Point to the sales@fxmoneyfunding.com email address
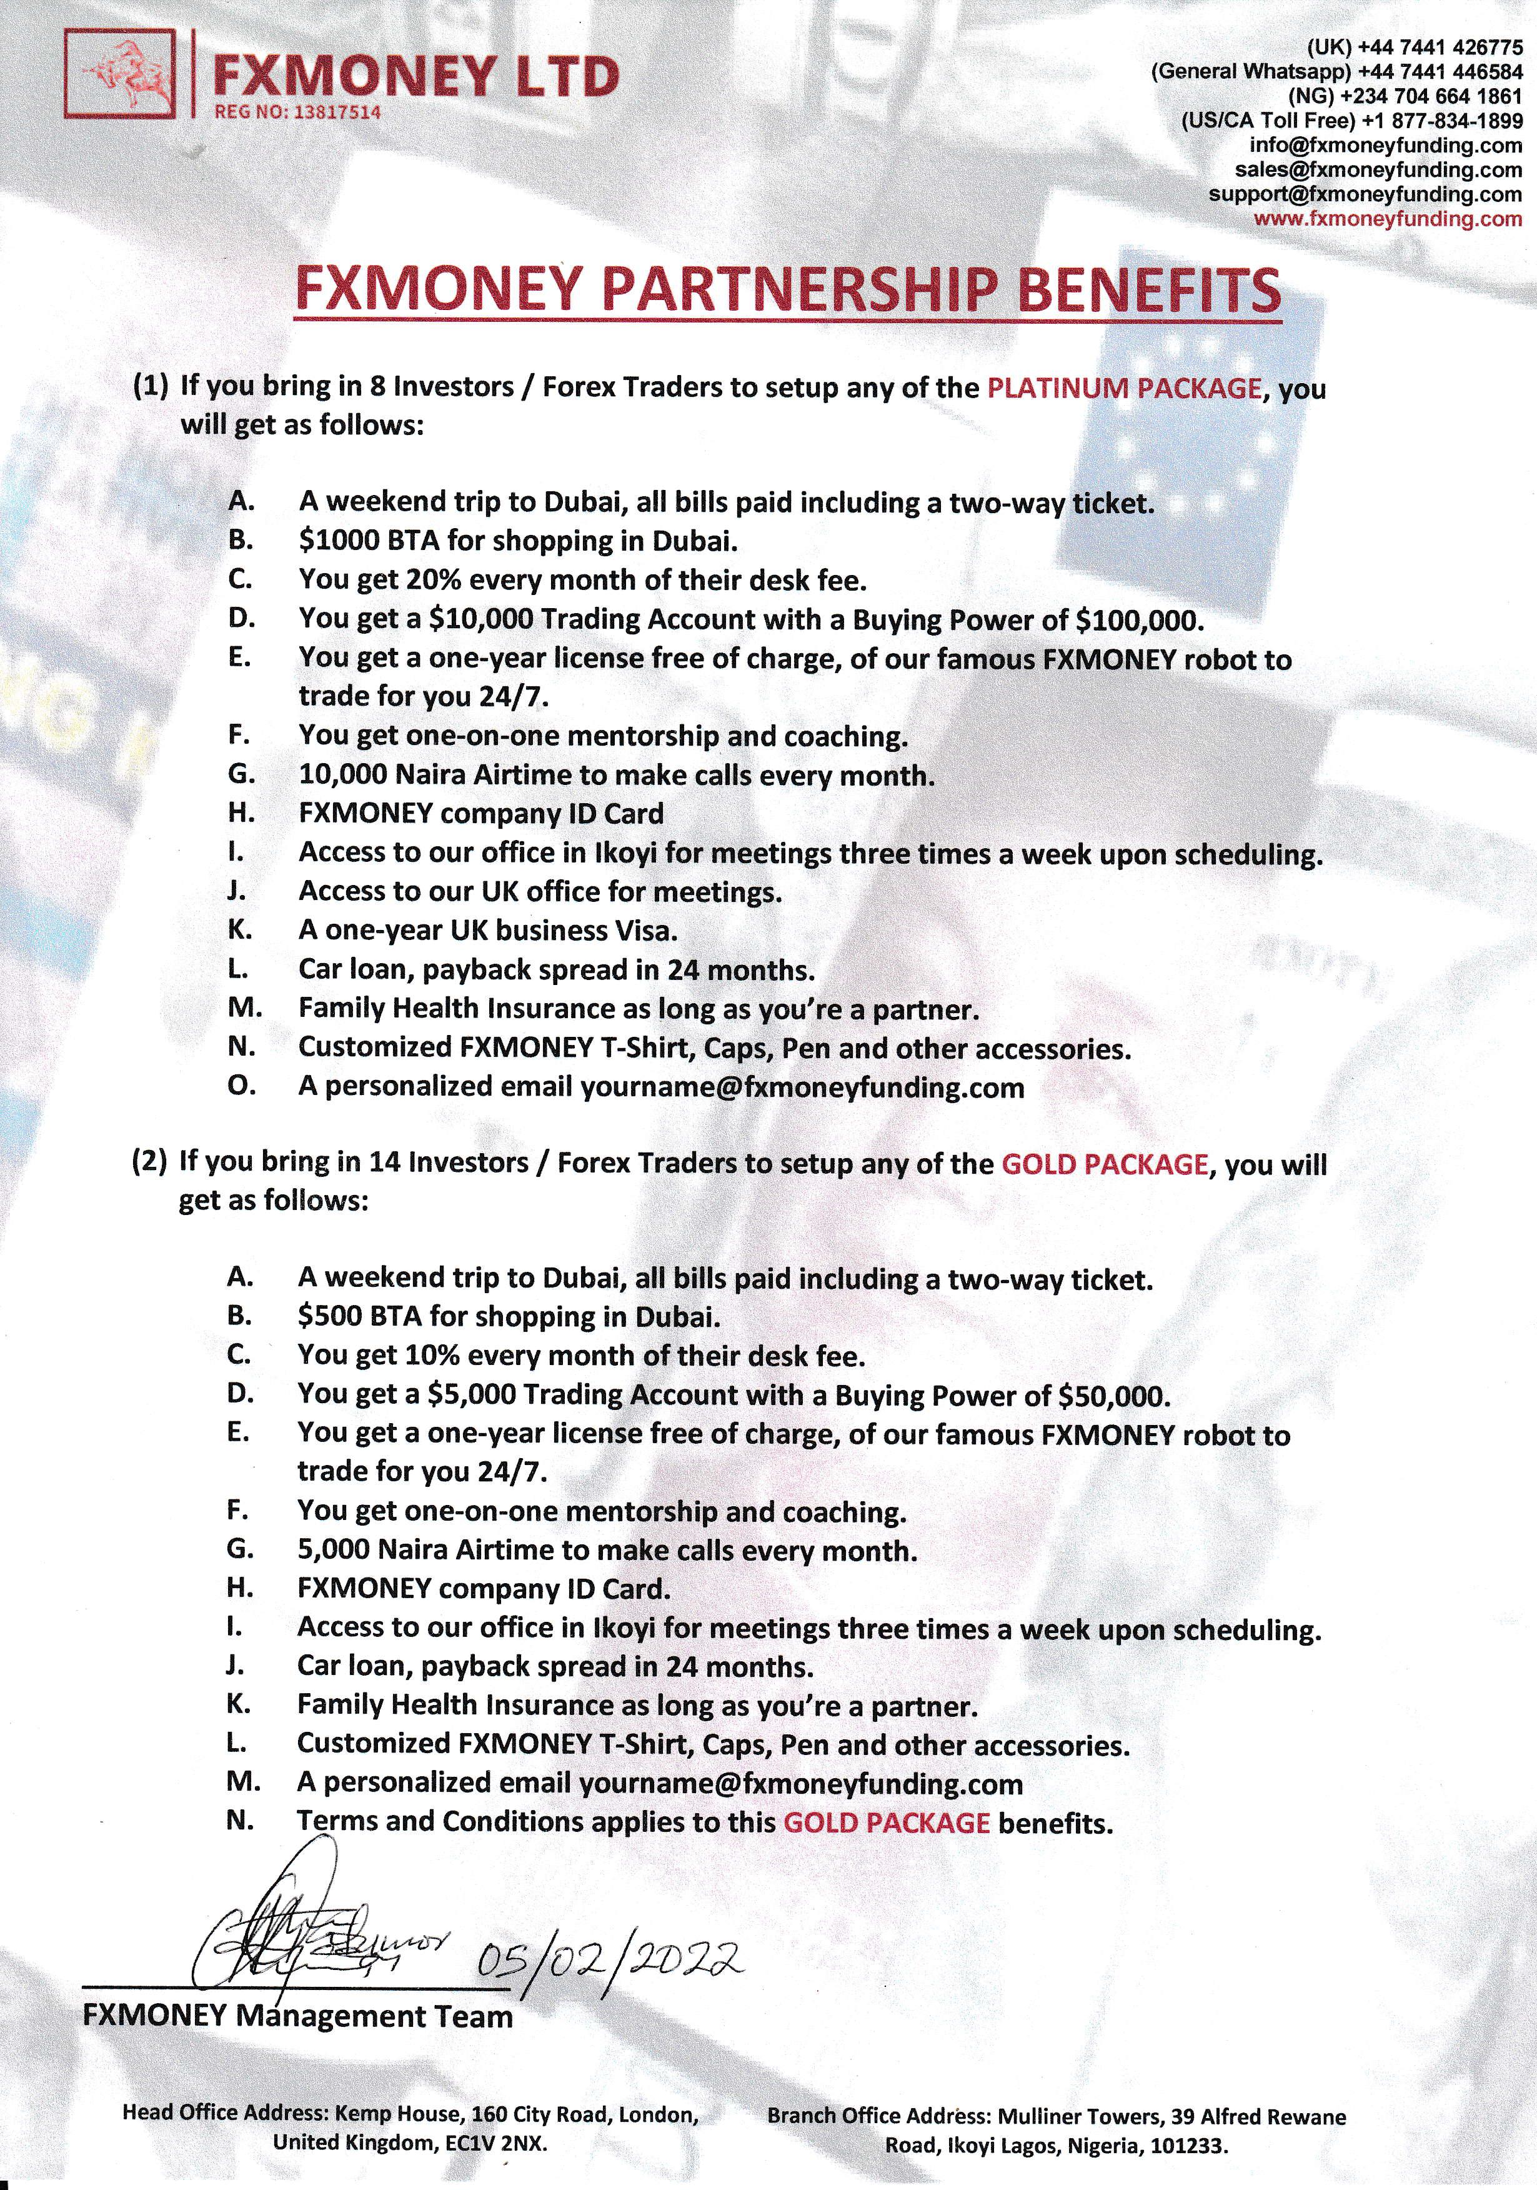point(1378,170)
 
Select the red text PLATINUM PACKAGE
point(1123,388)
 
